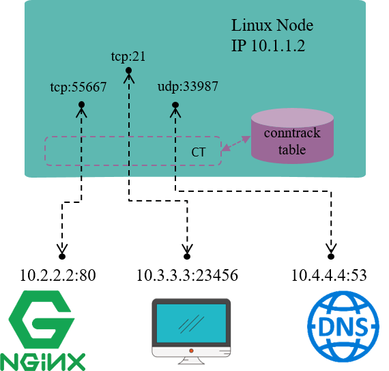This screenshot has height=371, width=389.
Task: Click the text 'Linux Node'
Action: pos(272,26)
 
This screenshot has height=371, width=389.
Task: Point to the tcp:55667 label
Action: pos(78,88)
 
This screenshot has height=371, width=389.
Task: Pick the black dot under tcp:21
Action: pos(128,70)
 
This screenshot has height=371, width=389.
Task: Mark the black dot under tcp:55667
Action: pos(81,105)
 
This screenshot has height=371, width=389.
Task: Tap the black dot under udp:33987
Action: pos(175,105)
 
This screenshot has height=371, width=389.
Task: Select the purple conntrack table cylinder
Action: pos(292,137)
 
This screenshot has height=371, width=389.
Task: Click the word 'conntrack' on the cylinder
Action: pos(292,133)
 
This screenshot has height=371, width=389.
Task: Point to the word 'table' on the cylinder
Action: pos(292,150)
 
